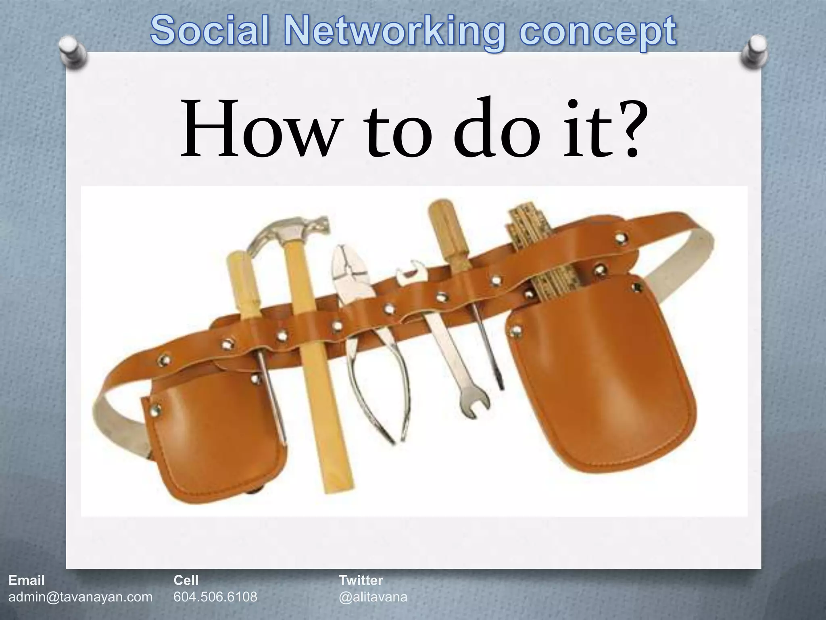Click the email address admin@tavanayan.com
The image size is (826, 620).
(x=81, y=596)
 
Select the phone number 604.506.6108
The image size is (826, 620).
(x=215, y=596)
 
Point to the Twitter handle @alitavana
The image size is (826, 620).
(x=373, y=596)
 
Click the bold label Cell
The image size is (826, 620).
(x=186, y=580)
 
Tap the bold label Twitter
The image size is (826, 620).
(x=361, y=580)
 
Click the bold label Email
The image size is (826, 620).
(x=27, y=580)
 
